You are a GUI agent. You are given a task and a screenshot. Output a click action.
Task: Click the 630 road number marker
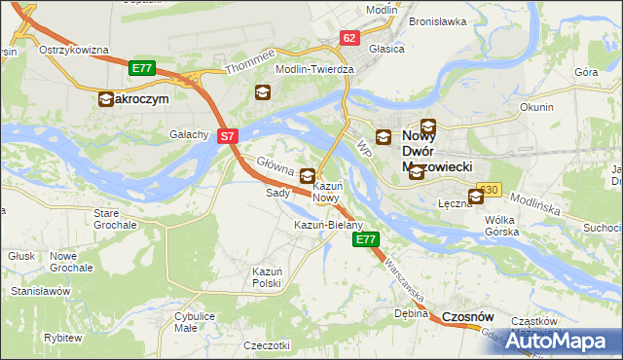pos(489,190)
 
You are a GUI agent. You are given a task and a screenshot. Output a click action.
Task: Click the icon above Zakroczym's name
pos(106,98)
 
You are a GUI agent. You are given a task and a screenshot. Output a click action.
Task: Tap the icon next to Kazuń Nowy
pos(307,176)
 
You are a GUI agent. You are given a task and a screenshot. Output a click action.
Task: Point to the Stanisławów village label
pos(41,290)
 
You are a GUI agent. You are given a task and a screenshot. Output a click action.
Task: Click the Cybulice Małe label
pos(194,322)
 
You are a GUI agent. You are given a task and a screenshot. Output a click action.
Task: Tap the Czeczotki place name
pos(267,345)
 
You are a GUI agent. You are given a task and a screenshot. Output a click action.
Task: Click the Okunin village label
pos(536,107)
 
